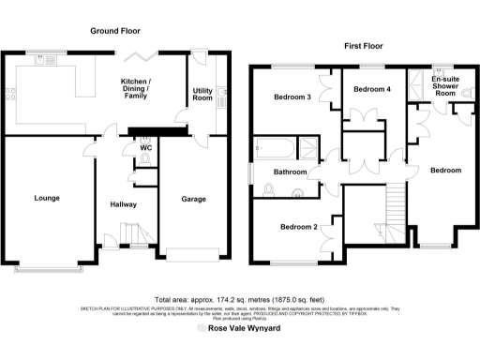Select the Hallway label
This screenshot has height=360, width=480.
point(124,204)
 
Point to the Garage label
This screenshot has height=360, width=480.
point(193,199)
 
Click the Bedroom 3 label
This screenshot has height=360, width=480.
point(292,97)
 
